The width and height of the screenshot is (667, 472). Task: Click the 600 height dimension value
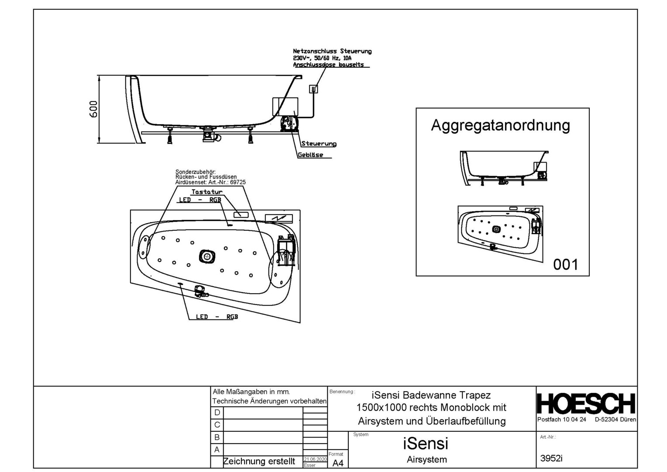tap(93, 109)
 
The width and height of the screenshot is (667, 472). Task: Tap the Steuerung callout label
tap(319, 144)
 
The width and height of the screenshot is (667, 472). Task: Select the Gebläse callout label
tap(310, 155)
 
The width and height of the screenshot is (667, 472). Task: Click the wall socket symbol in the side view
tap(313, 89)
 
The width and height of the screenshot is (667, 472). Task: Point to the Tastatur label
tap(207, 192)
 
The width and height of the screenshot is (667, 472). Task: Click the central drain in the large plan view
tap(207, 257)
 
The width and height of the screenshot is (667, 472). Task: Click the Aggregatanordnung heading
tap(500, 125)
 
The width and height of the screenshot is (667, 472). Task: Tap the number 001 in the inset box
tap(565, 264)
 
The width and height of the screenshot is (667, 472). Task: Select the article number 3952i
tap(551, 458)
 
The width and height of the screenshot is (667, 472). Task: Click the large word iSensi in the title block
tap(426, 444)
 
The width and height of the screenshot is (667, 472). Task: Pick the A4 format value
tap(338, 463)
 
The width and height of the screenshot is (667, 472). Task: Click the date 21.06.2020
tap(315, 460)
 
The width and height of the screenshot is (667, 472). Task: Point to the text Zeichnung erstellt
tap(259, 462)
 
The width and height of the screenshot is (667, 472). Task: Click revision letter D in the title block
tap(217, 413)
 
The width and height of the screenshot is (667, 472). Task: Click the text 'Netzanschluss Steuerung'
tap(332, 51)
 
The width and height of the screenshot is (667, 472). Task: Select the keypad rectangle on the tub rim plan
tap(241, 215)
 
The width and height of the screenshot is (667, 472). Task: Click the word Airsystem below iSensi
tap(426, 460)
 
